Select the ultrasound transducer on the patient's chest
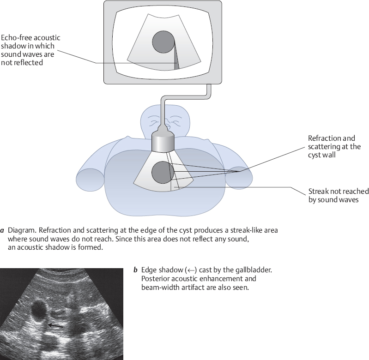tap(163, 141)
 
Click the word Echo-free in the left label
tap(17, 37)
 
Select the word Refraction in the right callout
tap(324, 138)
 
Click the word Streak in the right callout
tap(318, 192)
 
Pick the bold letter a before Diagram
tap(3, 230)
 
